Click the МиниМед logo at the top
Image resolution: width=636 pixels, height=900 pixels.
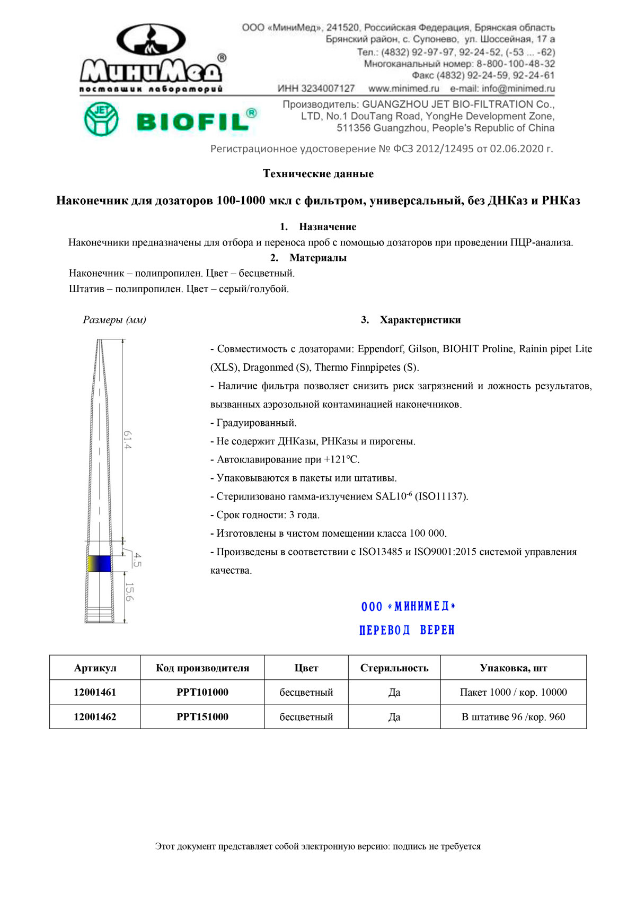coord(151,58)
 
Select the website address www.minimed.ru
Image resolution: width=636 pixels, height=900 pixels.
coord(404,89)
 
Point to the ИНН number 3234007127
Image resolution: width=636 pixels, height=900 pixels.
coord(316,89)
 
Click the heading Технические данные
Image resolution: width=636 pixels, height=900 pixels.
coord(318,174)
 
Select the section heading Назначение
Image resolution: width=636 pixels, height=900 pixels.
coord(327,227)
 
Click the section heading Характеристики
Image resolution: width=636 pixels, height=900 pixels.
coord(420,320)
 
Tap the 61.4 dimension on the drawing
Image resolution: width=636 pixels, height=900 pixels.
coord(128,440)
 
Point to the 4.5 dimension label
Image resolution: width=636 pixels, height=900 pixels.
coord(137,560)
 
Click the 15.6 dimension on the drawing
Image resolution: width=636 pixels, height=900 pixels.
coord(129,592)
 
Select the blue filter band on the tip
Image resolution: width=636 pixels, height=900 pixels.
coord(100,563)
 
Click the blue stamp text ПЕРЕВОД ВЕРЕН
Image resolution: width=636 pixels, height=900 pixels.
coord(407,630)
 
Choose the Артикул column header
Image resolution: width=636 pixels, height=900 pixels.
coord(95,668)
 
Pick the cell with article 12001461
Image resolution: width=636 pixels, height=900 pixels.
coord(95,692)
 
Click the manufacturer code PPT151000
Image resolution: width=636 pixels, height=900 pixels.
coord(202,717)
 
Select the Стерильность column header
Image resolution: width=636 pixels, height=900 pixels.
coord(394,668)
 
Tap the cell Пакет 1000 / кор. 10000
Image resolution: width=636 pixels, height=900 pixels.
coord(513,692)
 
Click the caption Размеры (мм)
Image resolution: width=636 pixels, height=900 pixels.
coord(114,320)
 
